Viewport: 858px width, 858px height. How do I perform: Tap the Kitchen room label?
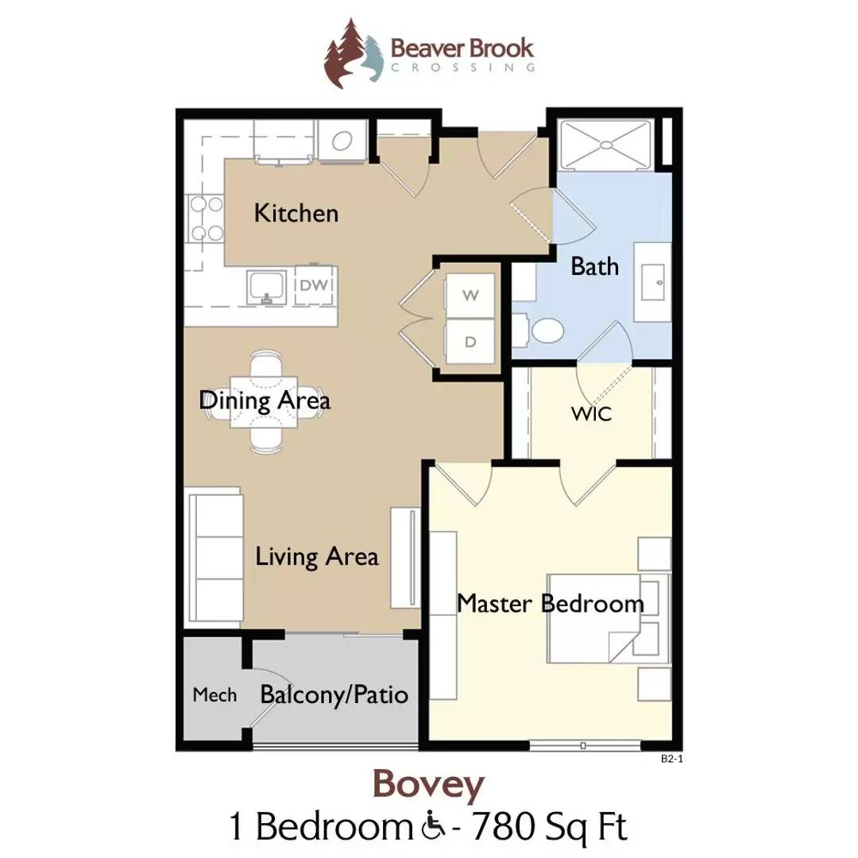point(296,213)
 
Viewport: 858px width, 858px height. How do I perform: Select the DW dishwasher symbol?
point(314,285)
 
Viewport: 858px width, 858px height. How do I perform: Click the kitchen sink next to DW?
point(266,287)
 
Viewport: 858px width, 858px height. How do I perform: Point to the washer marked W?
point(470,296)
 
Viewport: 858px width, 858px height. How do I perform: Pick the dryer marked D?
point(470,342)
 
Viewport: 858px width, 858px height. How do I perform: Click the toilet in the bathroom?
point(541,330)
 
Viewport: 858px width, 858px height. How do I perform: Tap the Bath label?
point(595,266)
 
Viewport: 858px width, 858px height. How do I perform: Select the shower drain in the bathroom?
point(607,145)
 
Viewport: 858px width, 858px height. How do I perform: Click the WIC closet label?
point(591,414)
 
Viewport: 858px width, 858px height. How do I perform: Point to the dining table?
point(264,402)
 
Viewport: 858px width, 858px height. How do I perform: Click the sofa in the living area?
point(214,557)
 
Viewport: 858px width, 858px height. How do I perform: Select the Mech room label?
point(214,695)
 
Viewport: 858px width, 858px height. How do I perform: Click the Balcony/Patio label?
point(334,695)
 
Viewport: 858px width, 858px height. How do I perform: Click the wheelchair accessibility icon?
point(434,827)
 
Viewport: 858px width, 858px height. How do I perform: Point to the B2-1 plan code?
point(672,759)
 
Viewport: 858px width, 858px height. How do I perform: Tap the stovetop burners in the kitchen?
point(206,219)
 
